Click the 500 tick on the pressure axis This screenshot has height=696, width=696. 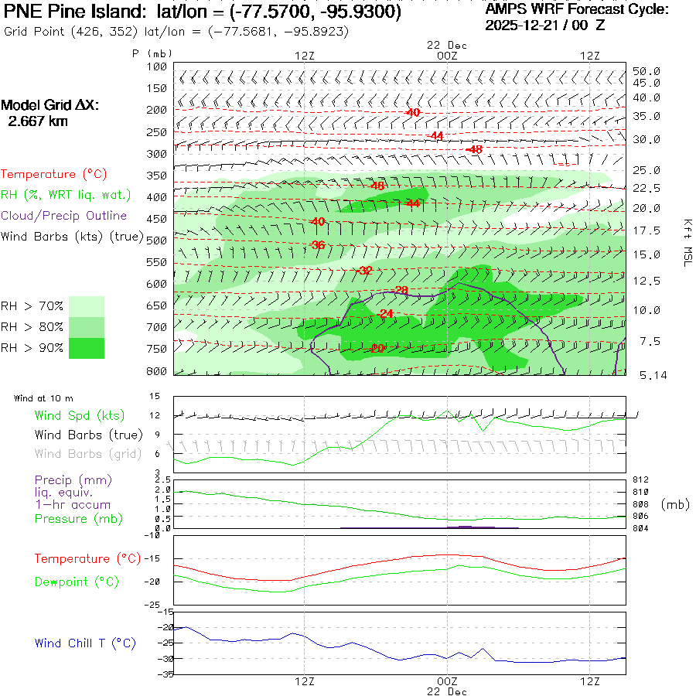coord(157,241)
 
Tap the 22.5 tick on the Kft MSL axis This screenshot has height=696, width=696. coord(646,189)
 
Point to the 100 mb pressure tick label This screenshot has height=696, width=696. coord(157,67)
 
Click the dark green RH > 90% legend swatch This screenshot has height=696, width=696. coord(87,348)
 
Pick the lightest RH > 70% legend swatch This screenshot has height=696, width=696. coord(87,306)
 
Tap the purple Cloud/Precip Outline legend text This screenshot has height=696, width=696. coord(64,216)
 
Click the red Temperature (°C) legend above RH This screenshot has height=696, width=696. coord(49,175)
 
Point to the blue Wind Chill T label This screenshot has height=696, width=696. coord(85,643)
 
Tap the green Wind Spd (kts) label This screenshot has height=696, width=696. coord(79,416)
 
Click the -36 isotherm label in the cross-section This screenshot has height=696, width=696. coord(317,245)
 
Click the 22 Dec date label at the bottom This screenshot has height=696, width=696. coord(447,691)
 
